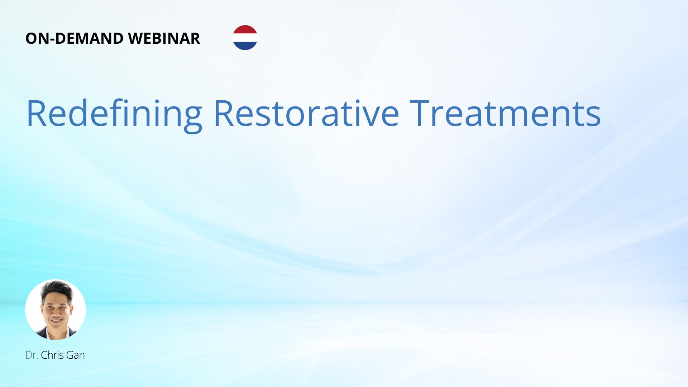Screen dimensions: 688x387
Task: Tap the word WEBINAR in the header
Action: click(x=164, y=38)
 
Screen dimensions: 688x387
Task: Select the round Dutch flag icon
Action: click(x=245, y=38)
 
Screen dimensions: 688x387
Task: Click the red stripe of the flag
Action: click(x=245, y=29)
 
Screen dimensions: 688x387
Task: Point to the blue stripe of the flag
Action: click(x=245, y=46)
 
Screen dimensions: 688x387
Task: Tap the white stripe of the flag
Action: click(x=245, y=38)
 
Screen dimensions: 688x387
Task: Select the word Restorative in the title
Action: click(x=306, y=113)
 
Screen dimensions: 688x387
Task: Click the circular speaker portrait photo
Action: click(x=56, y=310)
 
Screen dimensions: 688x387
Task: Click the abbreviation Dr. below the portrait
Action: click(x=32, y=355)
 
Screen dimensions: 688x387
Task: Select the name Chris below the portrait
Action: click(x=52, y=355)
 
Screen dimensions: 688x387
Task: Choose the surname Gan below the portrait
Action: click(x=76, y=355)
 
